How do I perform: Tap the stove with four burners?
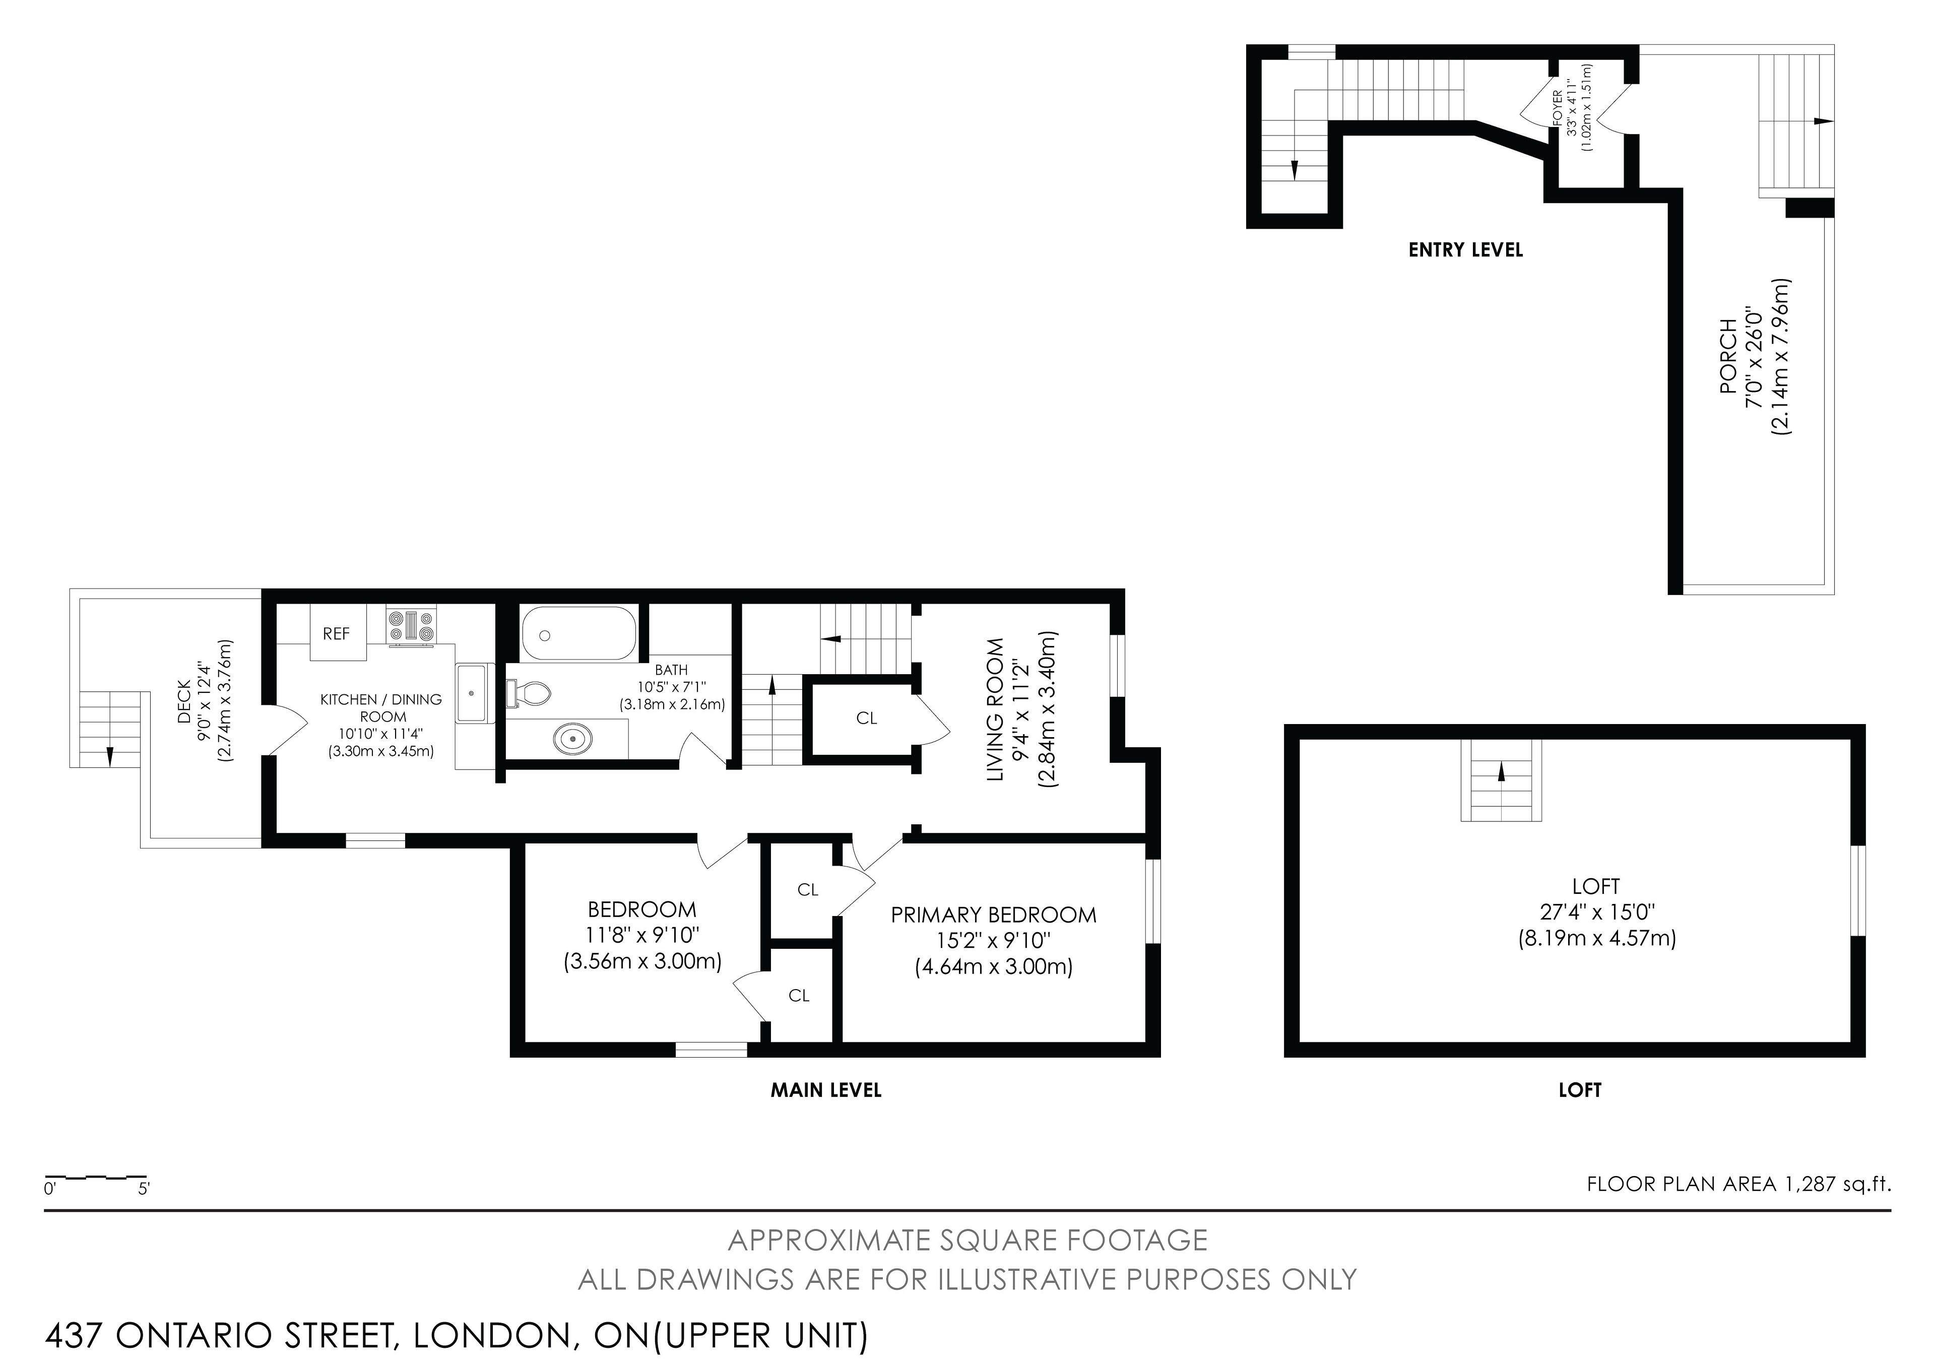pyautogui.click(x=411, y=627)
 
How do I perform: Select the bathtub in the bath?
pyautogui.click(x=578, y=634)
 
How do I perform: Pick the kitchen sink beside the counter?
pyautogui.click(x=473, y=693)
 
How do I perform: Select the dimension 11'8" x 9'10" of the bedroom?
pyautogui.click(x=643, y=936)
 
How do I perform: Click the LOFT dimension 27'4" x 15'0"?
pyautogui.click(x=1597, y=912)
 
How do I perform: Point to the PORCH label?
pyautogui.click(x=1728, y=356)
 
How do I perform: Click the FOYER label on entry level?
pyautogui.click(x=1557, y=107)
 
